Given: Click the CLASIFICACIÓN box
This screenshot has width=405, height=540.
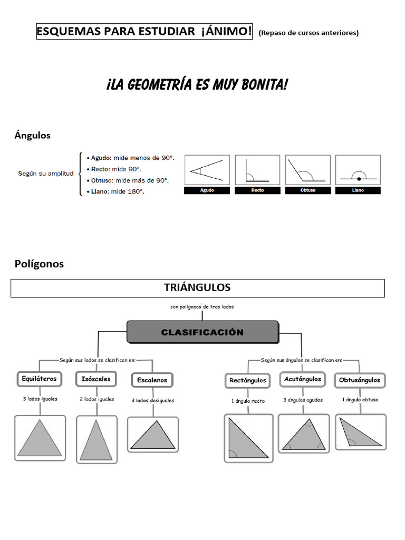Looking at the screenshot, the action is coord(202,333).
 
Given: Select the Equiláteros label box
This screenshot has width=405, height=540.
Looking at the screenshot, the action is coord(40,378).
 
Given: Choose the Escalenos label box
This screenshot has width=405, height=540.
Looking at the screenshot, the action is coord(152,380).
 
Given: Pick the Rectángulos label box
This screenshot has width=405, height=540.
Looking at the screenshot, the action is coord(247,380).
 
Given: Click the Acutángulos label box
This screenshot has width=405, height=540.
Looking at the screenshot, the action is coord(303,379).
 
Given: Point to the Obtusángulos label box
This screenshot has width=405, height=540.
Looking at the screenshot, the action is coord(360,380).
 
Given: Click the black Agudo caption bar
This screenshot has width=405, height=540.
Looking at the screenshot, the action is coord(207,190).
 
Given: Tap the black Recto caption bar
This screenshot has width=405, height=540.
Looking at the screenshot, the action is coord(257,190).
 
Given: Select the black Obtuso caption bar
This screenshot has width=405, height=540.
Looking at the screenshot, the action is coord(308,190).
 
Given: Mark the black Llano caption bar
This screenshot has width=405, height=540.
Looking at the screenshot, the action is coord(358,190).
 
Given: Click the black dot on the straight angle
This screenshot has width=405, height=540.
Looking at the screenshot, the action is coord(359,179).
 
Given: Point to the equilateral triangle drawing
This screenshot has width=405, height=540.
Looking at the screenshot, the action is coord(40,439).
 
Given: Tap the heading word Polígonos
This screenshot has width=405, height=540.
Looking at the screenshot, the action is coord(39,264).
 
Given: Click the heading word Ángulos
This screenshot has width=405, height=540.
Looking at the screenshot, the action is coord(33,136).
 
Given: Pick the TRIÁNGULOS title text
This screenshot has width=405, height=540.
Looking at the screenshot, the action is coord(197,287).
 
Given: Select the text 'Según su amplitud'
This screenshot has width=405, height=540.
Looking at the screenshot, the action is coord(46,173).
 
